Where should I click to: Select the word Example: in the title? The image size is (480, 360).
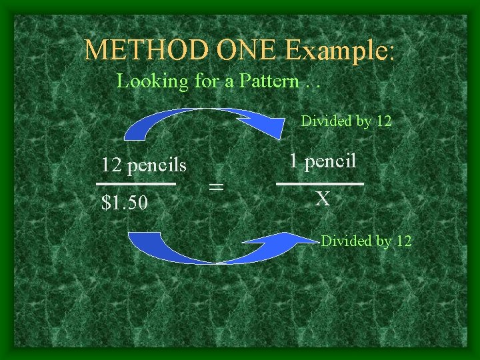pyautogui.click(x=340, y=51)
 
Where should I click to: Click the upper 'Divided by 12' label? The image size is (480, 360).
pyautogui.click(x=346, y=121)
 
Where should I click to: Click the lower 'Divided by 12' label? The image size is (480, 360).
pyautogui.click(x=366, y=241)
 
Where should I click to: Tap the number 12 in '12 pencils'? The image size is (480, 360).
pyautogui.click(x=111, y=164)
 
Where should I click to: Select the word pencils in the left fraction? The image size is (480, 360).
pyautogui.click(x=157, y=164)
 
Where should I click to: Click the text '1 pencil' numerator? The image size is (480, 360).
pyautogui.click(x=323, y=161)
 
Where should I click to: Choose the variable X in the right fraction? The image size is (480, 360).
pyautogui.click(x=323, y=199)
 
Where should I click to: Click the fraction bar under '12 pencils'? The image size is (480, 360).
pyautogui.click(x=136, y=183)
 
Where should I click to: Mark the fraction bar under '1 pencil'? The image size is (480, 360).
pyautogui.click(x=320, y=183)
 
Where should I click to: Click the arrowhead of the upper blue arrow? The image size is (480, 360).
pyautogui.click(x=267, y=122)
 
